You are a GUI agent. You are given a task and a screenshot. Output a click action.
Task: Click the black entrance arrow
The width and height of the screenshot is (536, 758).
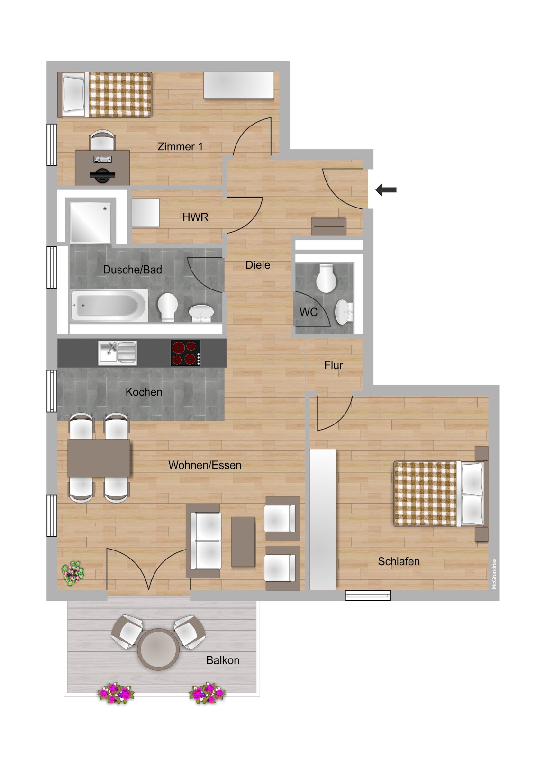pyautogui.click(x=386, y=190)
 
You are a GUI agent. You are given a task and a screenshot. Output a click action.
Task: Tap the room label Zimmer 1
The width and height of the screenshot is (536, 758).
pyautogui.click(x=180, y=146)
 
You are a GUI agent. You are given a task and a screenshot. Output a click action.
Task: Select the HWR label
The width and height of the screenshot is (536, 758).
pyautogui.click(x=195, y=217)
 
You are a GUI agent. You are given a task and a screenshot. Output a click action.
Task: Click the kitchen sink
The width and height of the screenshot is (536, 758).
pyautogui.click(x=118, y=353)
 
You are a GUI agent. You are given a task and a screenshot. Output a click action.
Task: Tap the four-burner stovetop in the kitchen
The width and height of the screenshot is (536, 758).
pyautogui.click(x=186, y=353)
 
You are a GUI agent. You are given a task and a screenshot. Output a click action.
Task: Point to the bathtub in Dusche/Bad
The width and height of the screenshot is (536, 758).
pyautogui.click(x=109, y=305)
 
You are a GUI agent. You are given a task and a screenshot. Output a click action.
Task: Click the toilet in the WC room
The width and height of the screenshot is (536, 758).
pyautogui.click(x=326, y=278)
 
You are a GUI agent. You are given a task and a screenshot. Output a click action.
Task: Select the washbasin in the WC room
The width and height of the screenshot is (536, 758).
pyautogui.click(x=344, y=312)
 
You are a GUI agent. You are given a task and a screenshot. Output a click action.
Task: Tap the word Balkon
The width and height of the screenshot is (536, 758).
pyautogui.click(x=223, y=660)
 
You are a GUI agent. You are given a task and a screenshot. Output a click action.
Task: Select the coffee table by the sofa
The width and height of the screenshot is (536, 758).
pyautogui.click(x=243, y=541)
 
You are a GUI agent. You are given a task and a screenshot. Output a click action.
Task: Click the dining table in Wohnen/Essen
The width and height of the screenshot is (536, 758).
pyautogui.click(x=99, y=458)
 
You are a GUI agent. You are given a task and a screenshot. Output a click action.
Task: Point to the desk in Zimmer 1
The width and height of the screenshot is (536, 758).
pyautogui.click(x=102, y=168)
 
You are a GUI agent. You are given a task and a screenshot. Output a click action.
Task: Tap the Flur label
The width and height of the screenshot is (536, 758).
pyautogui.click(x=334, y=365)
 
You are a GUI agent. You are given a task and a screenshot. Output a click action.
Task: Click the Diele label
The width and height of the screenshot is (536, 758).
pyautogui.click(x=258, y=265)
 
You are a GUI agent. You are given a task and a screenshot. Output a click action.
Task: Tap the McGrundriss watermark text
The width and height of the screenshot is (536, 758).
pyautogui.click(x=494, y=574)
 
